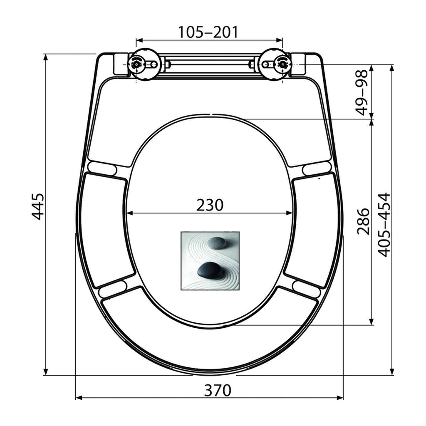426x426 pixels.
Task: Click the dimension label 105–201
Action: pos(208,32)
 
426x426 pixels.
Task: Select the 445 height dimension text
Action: pos(37,206)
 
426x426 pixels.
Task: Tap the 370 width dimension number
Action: pos(218,391)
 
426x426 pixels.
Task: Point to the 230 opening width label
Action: pos(210,205)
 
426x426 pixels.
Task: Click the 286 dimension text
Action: pos(363,221)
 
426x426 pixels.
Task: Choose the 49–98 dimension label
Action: pos(362,93)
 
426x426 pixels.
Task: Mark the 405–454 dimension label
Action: pos(384,225)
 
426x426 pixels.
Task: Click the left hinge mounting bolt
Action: pos(136,64)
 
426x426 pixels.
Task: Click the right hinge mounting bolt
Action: pos(282,64)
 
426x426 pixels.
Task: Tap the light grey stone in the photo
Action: pos(216,243)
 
